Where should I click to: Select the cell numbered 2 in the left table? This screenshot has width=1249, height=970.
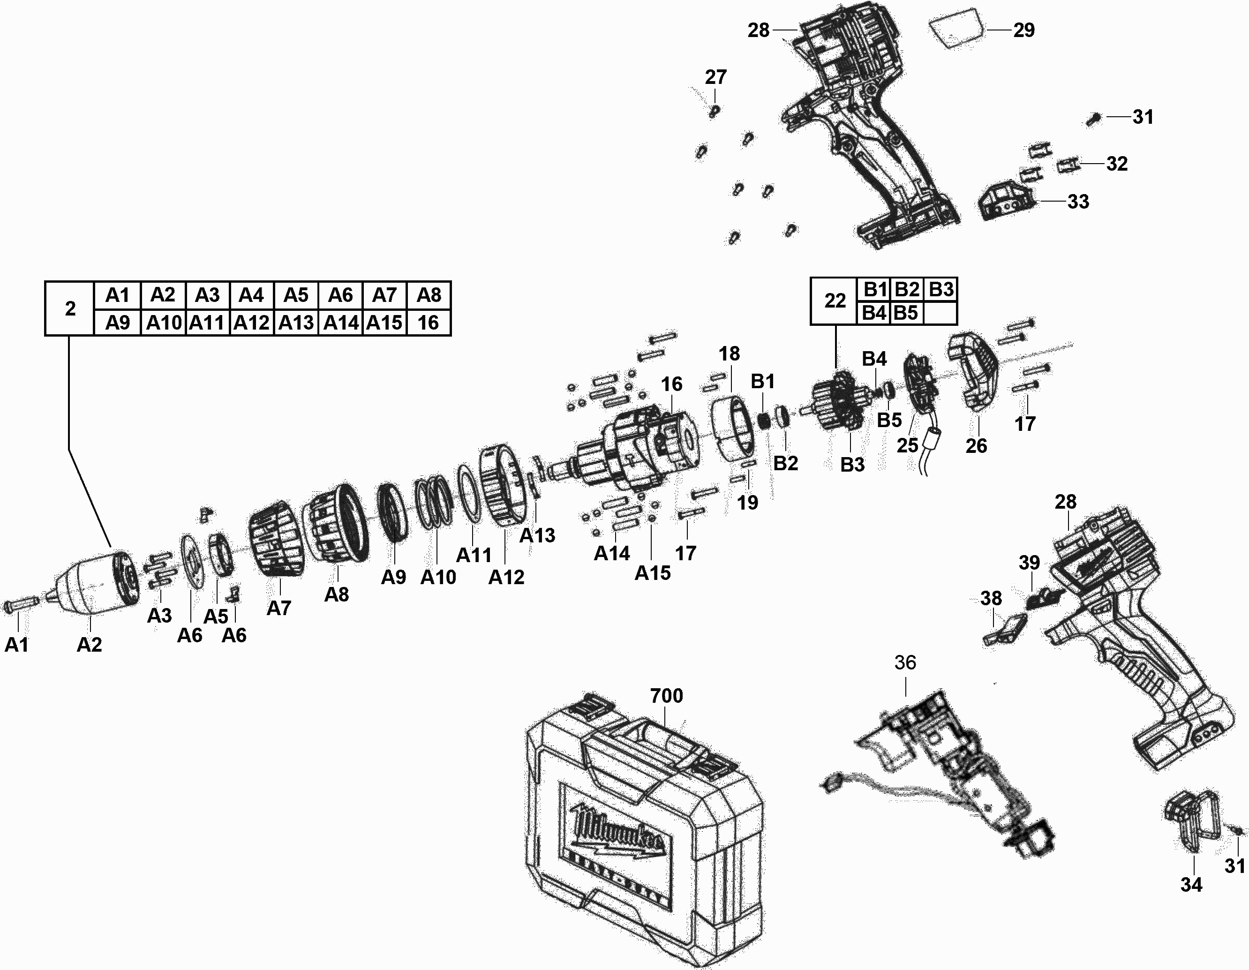coord(70,309)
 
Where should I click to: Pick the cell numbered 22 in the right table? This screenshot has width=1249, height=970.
coord(835,301)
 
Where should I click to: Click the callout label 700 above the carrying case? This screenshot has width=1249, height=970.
coord(666,696)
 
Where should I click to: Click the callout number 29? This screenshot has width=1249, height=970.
coord(1023,30)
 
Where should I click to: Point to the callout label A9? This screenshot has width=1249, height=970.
coord(393,577)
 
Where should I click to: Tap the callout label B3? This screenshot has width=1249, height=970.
coord(852,465)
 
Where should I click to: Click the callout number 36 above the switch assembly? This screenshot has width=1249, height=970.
coord(905,662)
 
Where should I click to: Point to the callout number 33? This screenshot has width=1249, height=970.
coord(1078,202)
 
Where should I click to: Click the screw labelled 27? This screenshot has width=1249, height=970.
coord(713,110)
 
